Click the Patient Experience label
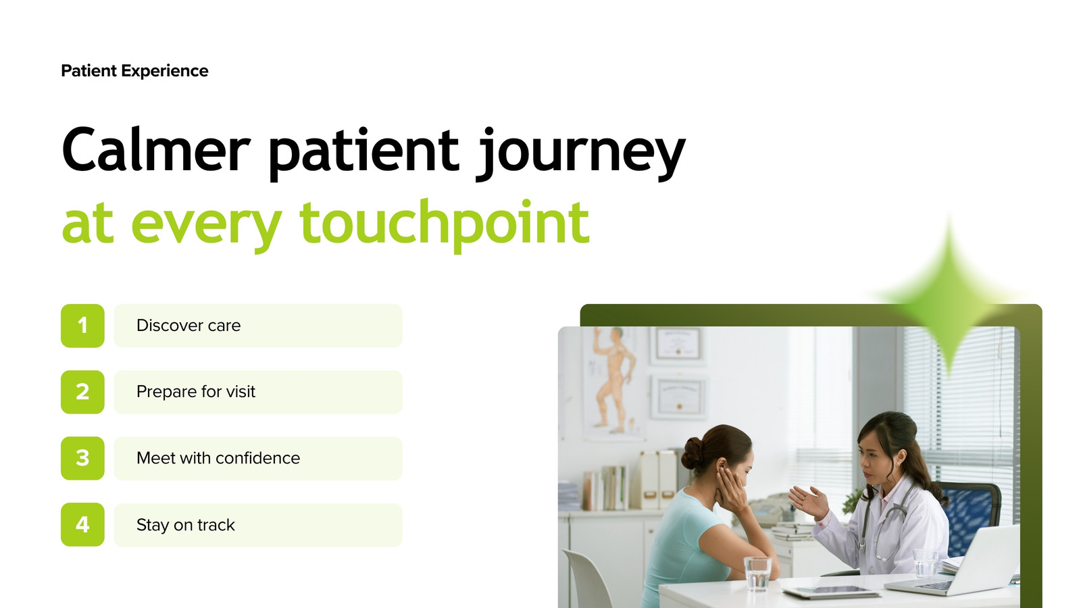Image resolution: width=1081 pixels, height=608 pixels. pos(134,71)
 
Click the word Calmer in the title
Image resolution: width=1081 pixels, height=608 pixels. pos(156,149)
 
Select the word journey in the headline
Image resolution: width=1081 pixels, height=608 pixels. pos(580,153)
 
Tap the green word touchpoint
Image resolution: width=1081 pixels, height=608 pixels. pos(444,225)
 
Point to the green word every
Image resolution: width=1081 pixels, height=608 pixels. pos(207,230)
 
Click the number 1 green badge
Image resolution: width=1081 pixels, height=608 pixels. pos(82,326)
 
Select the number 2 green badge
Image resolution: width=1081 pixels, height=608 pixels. pos(82,392)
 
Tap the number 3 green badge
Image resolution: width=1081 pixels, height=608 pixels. pos(82,458)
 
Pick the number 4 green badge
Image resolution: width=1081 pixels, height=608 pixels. pos(82,524)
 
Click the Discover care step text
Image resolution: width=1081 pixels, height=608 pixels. pos(188,326)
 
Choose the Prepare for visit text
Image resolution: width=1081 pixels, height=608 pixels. pos(195,392)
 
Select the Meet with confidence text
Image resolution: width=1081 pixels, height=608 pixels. pos(218,458)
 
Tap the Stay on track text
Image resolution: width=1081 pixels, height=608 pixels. pos(185,525)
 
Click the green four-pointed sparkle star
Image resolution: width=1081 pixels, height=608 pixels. pos(949,296)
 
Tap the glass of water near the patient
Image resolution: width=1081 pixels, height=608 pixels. pos(757,574)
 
